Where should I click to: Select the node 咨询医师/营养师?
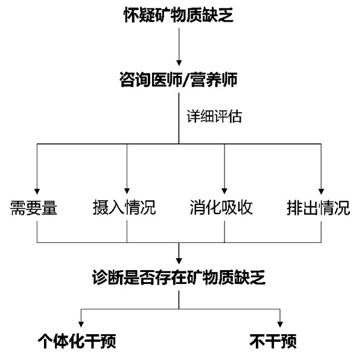tap(179, 79)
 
